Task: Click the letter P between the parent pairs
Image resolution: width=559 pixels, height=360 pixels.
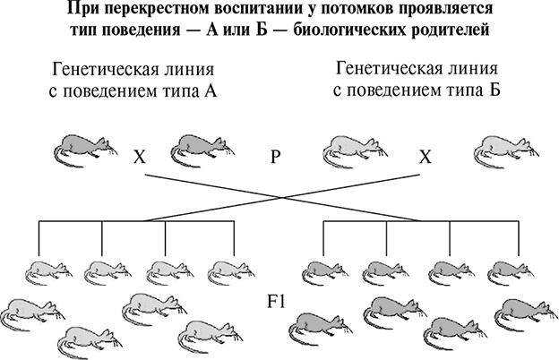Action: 276,156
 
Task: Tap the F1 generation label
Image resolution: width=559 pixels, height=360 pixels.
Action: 276,299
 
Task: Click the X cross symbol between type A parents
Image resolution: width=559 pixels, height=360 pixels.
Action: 139,157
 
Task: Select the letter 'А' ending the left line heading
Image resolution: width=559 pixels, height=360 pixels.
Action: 212,92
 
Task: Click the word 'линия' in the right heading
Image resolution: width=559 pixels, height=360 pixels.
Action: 471,71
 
